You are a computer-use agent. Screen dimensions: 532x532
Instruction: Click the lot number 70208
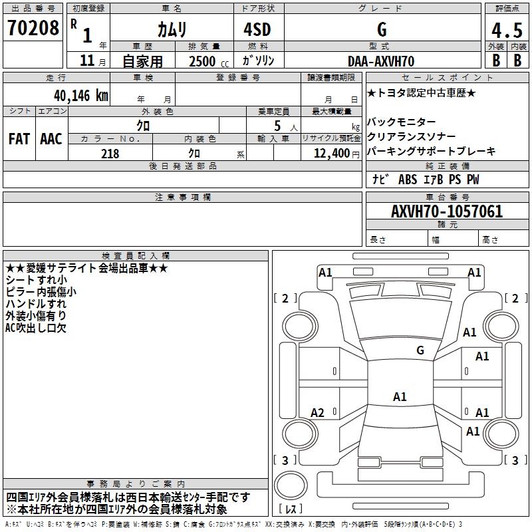(x=33, y=29)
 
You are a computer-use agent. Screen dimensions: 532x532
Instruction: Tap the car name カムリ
(x=172, y=29)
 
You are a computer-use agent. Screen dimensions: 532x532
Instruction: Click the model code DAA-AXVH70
(x=381, y=61)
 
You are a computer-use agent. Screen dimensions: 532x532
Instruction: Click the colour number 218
(x=110, y=154)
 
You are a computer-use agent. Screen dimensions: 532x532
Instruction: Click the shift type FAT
(x=19, y=139)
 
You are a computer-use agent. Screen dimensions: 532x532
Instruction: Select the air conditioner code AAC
(x=51, y=139)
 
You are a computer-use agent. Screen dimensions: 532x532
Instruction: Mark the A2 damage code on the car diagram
(x=318, y=413)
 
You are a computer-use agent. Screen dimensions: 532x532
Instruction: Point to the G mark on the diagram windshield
(x=420, y=350)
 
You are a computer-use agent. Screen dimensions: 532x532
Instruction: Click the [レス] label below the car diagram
(x=291, y=509)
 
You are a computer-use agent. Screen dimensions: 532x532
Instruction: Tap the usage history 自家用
(x=142, y=61)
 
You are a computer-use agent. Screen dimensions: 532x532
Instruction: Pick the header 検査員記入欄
(x=136, y=255)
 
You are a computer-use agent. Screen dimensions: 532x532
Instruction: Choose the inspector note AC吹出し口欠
(x=36, y=327)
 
